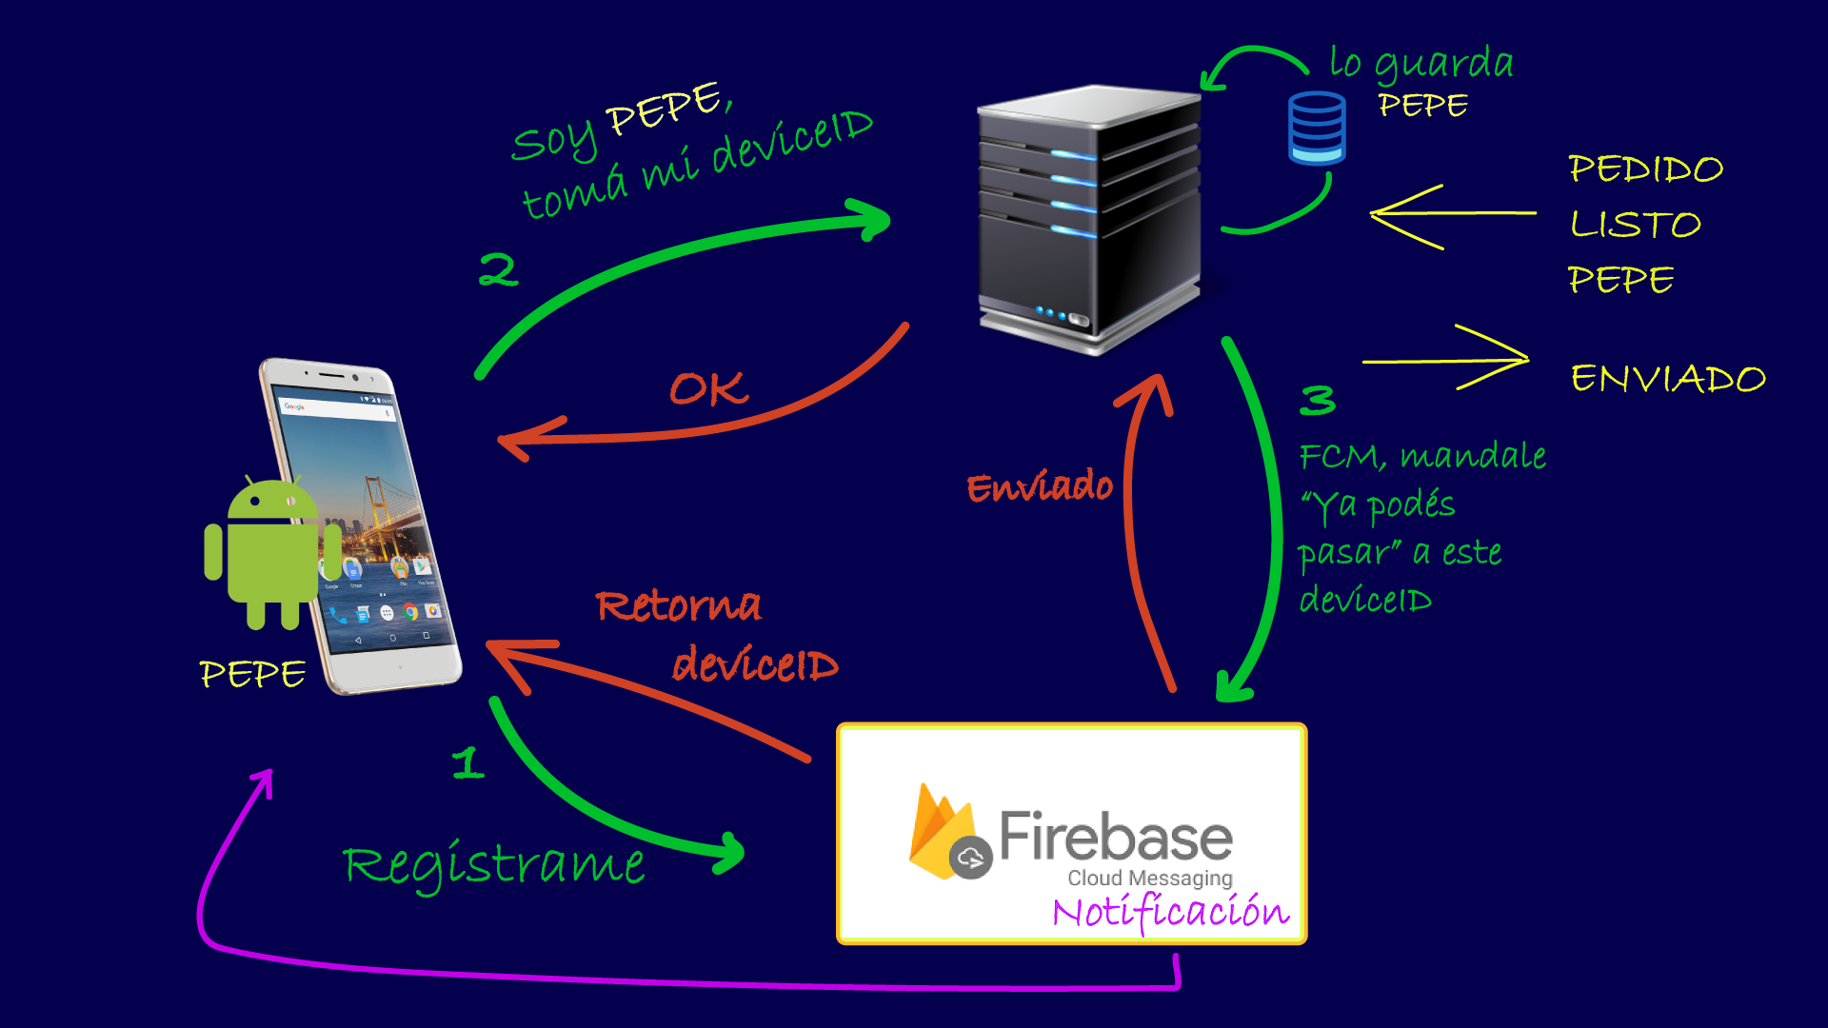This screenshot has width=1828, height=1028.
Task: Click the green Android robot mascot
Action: pyautogui.click(x=272, y=552)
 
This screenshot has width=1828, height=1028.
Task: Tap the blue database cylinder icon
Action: pyautogui.click(x=1317, y=128)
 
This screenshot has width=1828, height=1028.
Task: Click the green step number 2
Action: pyautogui.click(x=498, y=270)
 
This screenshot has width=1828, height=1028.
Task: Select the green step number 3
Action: pyautogui.click(x=1318, y=401)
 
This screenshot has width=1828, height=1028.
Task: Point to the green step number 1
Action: pyautogui.click(x=468, y=763)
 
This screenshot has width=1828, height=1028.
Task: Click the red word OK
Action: pyautogui.click(x=708, y=389)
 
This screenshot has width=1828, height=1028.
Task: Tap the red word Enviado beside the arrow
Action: pyautogui.click(x=1040, y=487)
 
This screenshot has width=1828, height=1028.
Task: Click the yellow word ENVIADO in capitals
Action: pyautogui.click(x=1668, y=379)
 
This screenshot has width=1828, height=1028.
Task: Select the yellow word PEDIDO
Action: pyautogui.click(x=1645, y=169)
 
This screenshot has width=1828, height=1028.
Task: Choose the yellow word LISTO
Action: pyautogui.click(x=1635, y=225)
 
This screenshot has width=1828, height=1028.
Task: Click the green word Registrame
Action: pyautogui.click(x=494, y=864)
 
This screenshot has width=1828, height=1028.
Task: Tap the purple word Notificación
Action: pyautogui.click(x=1171, y=912)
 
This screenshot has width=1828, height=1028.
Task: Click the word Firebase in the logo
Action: pyautogui.click(x=1115, y=837)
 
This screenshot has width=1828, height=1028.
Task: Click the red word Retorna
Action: pyautogui.click(x=679, y=605)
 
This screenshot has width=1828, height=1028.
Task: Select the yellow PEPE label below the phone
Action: pyautogui.click(x=252, y=674)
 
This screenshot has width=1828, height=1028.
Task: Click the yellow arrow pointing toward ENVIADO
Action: pyautogui.click(x=1447, y=360)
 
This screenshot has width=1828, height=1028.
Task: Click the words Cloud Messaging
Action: pyautogui.click(x=1149, y=878)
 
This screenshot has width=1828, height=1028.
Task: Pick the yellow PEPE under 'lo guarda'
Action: pyautogui.click(x=1422, y=105)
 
